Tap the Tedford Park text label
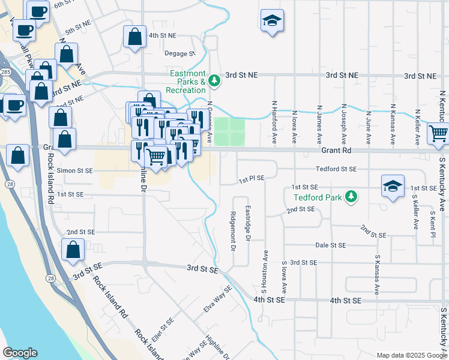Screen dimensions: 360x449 (320, 197)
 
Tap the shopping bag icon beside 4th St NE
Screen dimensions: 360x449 (134, 36)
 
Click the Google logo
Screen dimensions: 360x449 (20, 353)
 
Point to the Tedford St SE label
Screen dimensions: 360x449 (337, 170)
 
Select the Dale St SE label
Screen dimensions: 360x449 (331, 245)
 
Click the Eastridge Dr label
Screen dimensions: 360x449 (248, 224)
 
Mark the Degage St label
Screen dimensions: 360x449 (181, 53)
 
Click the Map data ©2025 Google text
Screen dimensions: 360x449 (411, 355)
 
